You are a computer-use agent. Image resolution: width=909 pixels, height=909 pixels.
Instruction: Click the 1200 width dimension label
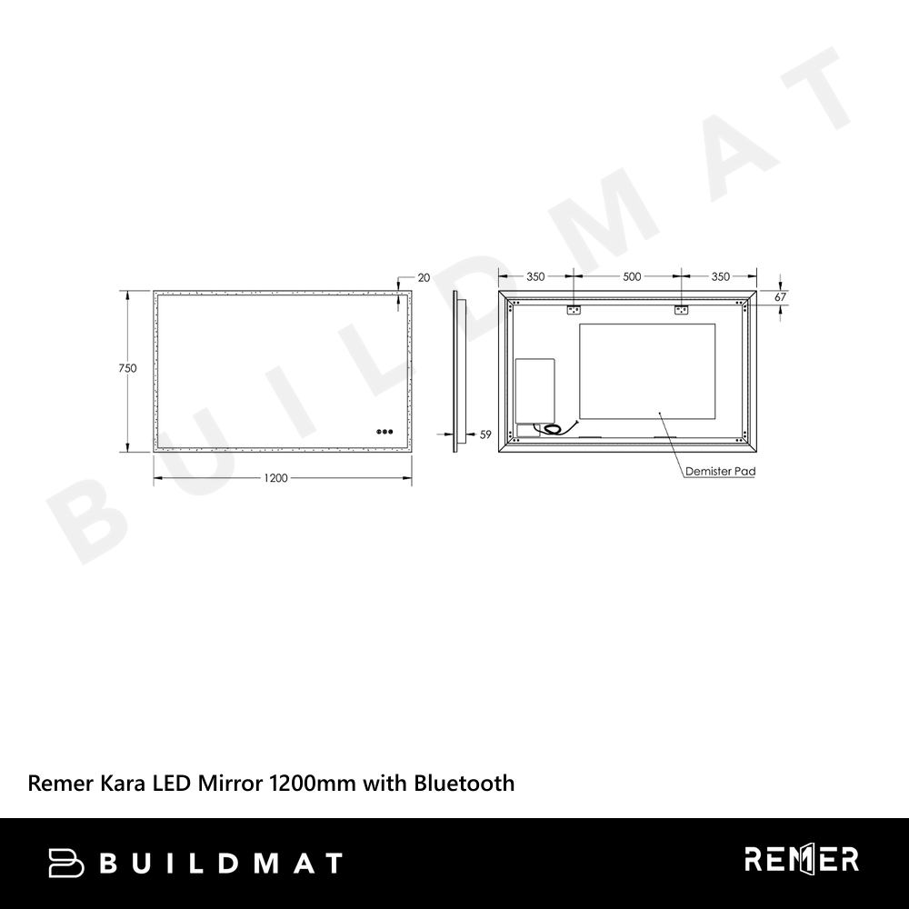click(x=276, y=478)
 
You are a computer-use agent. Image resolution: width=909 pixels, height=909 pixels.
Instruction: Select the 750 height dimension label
click(x=127, y=368)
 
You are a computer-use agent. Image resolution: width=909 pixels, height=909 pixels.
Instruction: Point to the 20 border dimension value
click(x=424, y=277)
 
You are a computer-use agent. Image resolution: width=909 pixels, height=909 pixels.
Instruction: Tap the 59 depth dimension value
click(x=485, y=435)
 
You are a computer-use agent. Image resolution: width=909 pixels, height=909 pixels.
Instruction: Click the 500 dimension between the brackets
click(x=632, y=276)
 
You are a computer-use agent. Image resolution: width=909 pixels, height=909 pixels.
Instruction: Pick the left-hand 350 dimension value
click(x=535, y=276)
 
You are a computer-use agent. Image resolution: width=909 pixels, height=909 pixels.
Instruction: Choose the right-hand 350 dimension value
click(x=721, y=276)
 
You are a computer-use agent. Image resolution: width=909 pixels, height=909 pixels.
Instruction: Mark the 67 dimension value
click(x=781, y=297)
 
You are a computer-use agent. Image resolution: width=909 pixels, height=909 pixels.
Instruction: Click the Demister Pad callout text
click(x=721, y=471)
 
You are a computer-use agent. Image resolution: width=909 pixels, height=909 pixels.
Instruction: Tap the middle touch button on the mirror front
click(x=385, y=431)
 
